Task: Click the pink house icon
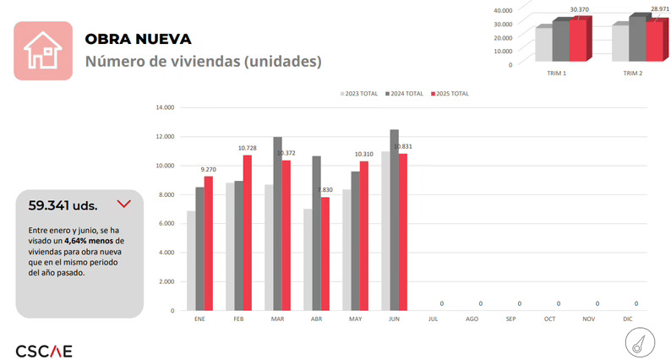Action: pyautogui.click(x=42, y=51)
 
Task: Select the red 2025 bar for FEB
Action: pyautogui.click(x=248, y=232)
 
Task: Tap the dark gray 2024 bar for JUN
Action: pyautogui.click(x=394, y=220)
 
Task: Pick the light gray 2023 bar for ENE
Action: pyautogui.click(x=191, y=260)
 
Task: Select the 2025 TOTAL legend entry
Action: pyautogui.click(x=450, y=94)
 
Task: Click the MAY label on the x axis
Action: pyautogui.click(x=355, y=319)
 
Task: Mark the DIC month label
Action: pyautogui.click(x=627, y=319)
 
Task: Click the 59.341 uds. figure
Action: pyautogui.click(x=63, y=205)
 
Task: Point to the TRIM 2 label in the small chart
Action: pyautogui.click(x=633, y=74)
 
